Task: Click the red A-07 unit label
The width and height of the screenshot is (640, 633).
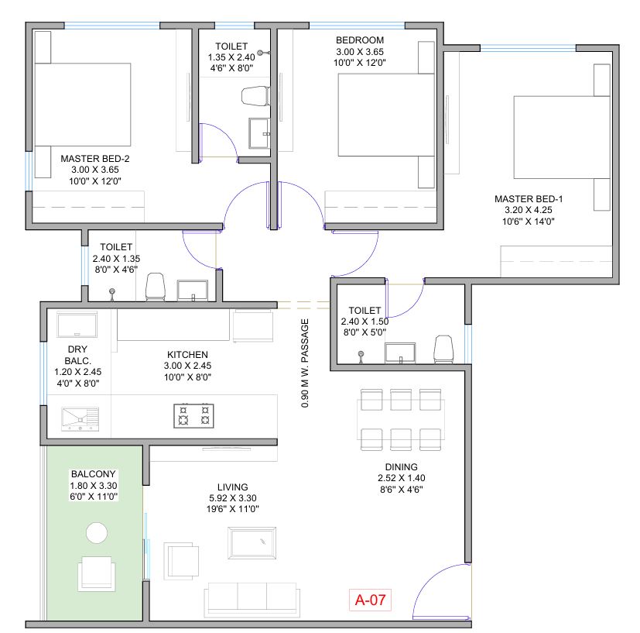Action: click(x=370, y=600)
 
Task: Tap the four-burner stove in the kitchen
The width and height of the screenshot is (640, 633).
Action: click(x=194, y=415)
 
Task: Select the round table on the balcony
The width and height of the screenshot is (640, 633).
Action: click(x=97, y=533)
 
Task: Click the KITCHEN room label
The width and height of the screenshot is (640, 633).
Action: click(x=187, y=355)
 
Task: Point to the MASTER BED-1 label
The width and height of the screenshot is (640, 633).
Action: click(x=529, y=199)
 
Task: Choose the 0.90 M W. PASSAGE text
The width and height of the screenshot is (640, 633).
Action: click(x=305, y=363)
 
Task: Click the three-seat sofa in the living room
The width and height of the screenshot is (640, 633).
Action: click(x=252, y=600)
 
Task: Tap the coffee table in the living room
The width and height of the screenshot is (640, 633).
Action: click(x=252, y=542)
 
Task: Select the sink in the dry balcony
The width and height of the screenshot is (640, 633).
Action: click(x=80, y=419)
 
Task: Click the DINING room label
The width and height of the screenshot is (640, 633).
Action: click(x=401, y=466)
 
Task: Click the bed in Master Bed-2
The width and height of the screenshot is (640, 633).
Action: click(x=83, y=105)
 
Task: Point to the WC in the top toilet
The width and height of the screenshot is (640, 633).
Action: click(x=256, y=96)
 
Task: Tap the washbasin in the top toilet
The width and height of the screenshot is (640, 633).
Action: click(x=259, y=133)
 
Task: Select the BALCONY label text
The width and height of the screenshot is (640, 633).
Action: click(x=94, y=474)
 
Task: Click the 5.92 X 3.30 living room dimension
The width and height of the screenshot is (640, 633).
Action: click(x=233, y=498)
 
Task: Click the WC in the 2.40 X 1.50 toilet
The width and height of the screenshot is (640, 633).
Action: click(x=443, y=349)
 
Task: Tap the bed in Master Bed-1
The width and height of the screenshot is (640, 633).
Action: click(x=562, y=137)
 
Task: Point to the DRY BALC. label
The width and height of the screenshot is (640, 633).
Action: click(x=77, y=355)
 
